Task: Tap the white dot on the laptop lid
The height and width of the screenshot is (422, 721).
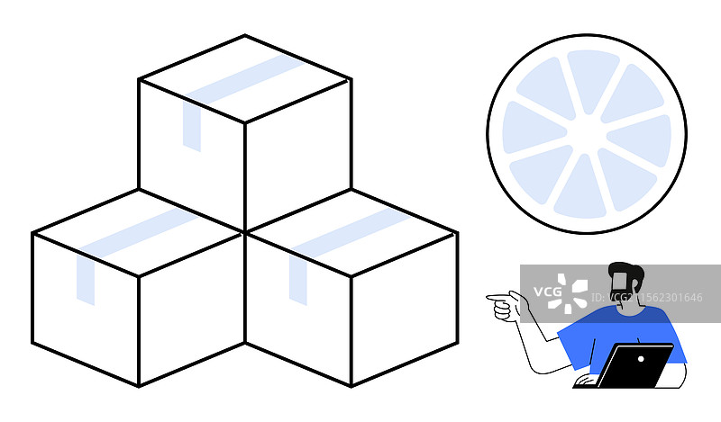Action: pos(641,358)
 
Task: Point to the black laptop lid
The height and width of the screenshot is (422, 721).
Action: pos(635,365)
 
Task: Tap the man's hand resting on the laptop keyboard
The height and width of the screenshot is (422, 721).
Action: pos(587,381)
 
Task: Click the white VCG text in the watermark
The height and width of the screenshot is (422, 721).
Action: pos(548,292)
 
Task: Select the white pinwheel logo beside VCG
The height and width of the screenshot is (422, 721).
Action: pos(568,293)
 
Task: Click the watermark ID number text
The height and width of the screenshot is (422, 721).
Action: pos(646,298)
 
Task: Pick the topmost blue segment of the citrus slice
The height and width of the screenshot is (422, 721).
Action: pos(592,76)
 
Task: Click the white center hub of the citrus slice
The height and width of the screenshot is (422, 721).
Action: pos(587,134)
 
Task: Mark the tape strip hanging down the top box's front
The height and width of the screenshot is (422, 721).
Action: pos(192,126)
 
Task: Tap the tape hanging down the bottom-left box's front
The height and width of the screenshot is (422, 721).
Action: pos(86,280)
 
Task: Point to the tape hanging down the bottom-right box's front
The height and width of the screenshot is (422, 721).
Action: pos(298,280)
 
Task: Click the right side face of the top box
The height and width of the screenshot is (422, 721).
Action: pos(298,157)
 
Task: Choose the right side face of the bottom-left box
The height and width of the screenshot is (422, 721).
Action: pos(192,310)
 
